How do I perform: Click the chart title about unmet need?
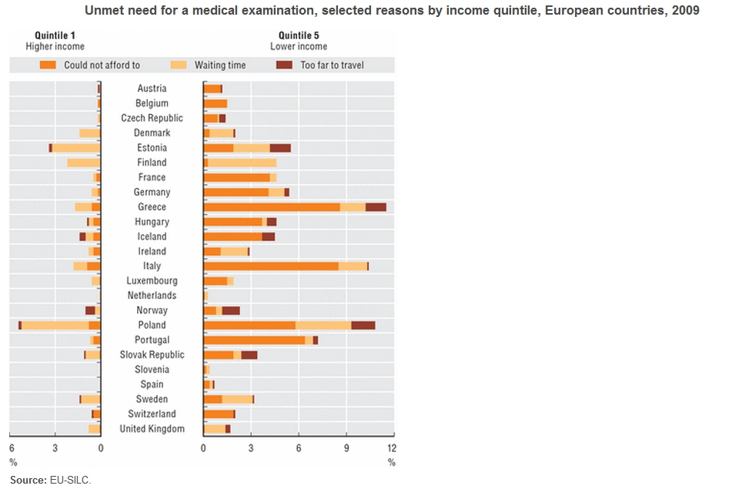393,12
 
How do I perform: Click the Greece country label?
152,207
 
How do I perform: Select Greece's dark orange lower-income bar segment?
272,207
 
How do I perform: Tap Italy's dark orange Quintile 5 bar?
271,266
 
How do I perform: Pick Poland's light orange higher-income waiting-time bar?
55,325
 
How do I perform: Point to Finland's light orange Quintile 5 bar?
242,162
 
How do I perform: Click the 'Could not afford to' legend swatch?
48,65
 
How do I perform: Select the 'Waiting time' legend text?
220,65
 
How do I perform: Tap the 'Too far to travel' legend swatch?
284,65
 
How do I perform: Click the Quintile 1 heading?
55,35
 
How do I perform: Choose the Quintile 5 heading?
299,35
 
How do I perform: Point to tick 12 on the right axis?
391,447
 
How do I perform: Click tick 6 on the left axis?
12,447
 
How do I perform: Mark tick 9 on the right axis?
346,447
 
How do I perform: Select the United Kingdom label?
152,429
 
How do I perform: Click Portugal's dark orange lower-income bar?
254,340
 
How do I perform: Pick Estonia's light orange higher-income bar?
75,148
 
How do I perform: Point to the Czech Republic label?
152,118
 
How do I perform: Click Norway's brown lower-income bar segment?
231,310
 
